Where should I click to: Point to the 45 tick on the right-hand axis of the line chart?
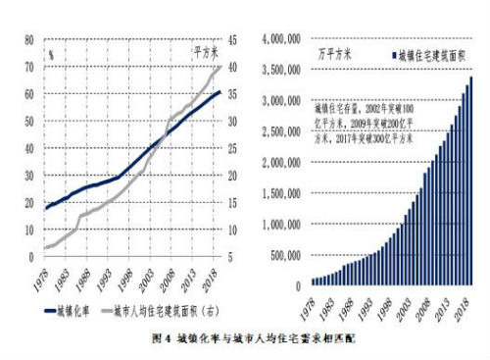(238, 40)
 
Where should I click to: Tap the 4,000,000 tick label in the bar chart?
(282, 38)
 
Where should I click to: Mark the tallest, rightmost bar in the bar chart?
(470, 180)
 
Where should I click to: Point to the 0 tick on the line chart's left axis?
(33, 257)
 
